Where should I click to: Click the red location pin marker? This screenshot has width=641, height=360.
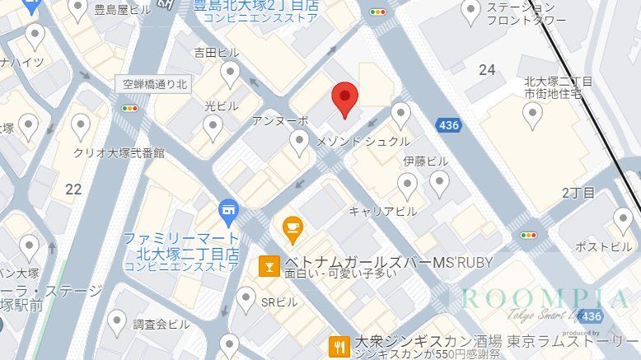[344, 100]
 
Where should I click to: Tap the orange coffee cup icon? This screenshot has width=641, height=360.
[292, 226]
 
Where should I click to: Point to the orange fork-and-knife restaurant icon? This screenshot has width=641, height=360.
[337, 345]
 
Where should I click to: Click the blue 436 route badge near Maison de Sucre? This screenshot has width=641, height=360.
[449, 125]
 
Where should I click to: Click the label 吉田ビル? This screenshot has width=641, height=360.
[216, 52]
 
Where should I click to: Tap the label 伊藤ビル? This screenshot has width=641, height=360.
[426, 161]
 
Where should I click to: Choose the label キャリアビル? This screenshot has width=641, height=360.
[382, 211]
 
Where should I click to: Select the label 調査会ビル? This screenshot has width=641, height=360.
[162, 323]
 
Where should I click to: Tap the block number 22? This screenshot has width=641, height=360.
[73, 189]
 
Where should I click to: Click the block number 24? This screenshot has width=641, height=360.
[487, 70]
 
